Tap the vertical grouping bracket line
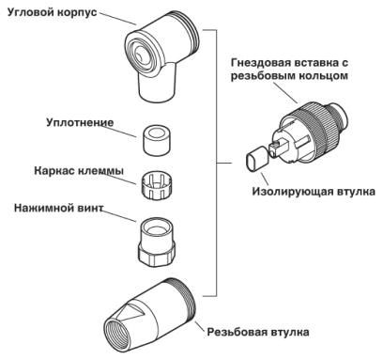(218, 169)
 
